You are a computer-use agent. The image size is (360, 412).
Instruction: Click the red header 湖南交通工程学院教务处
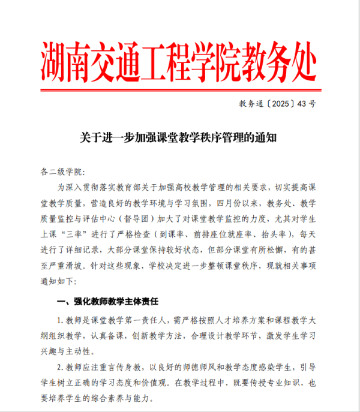coord(179,62)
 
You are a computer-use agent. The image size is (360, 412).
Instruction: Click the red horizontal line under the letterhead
coord(179,91)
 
